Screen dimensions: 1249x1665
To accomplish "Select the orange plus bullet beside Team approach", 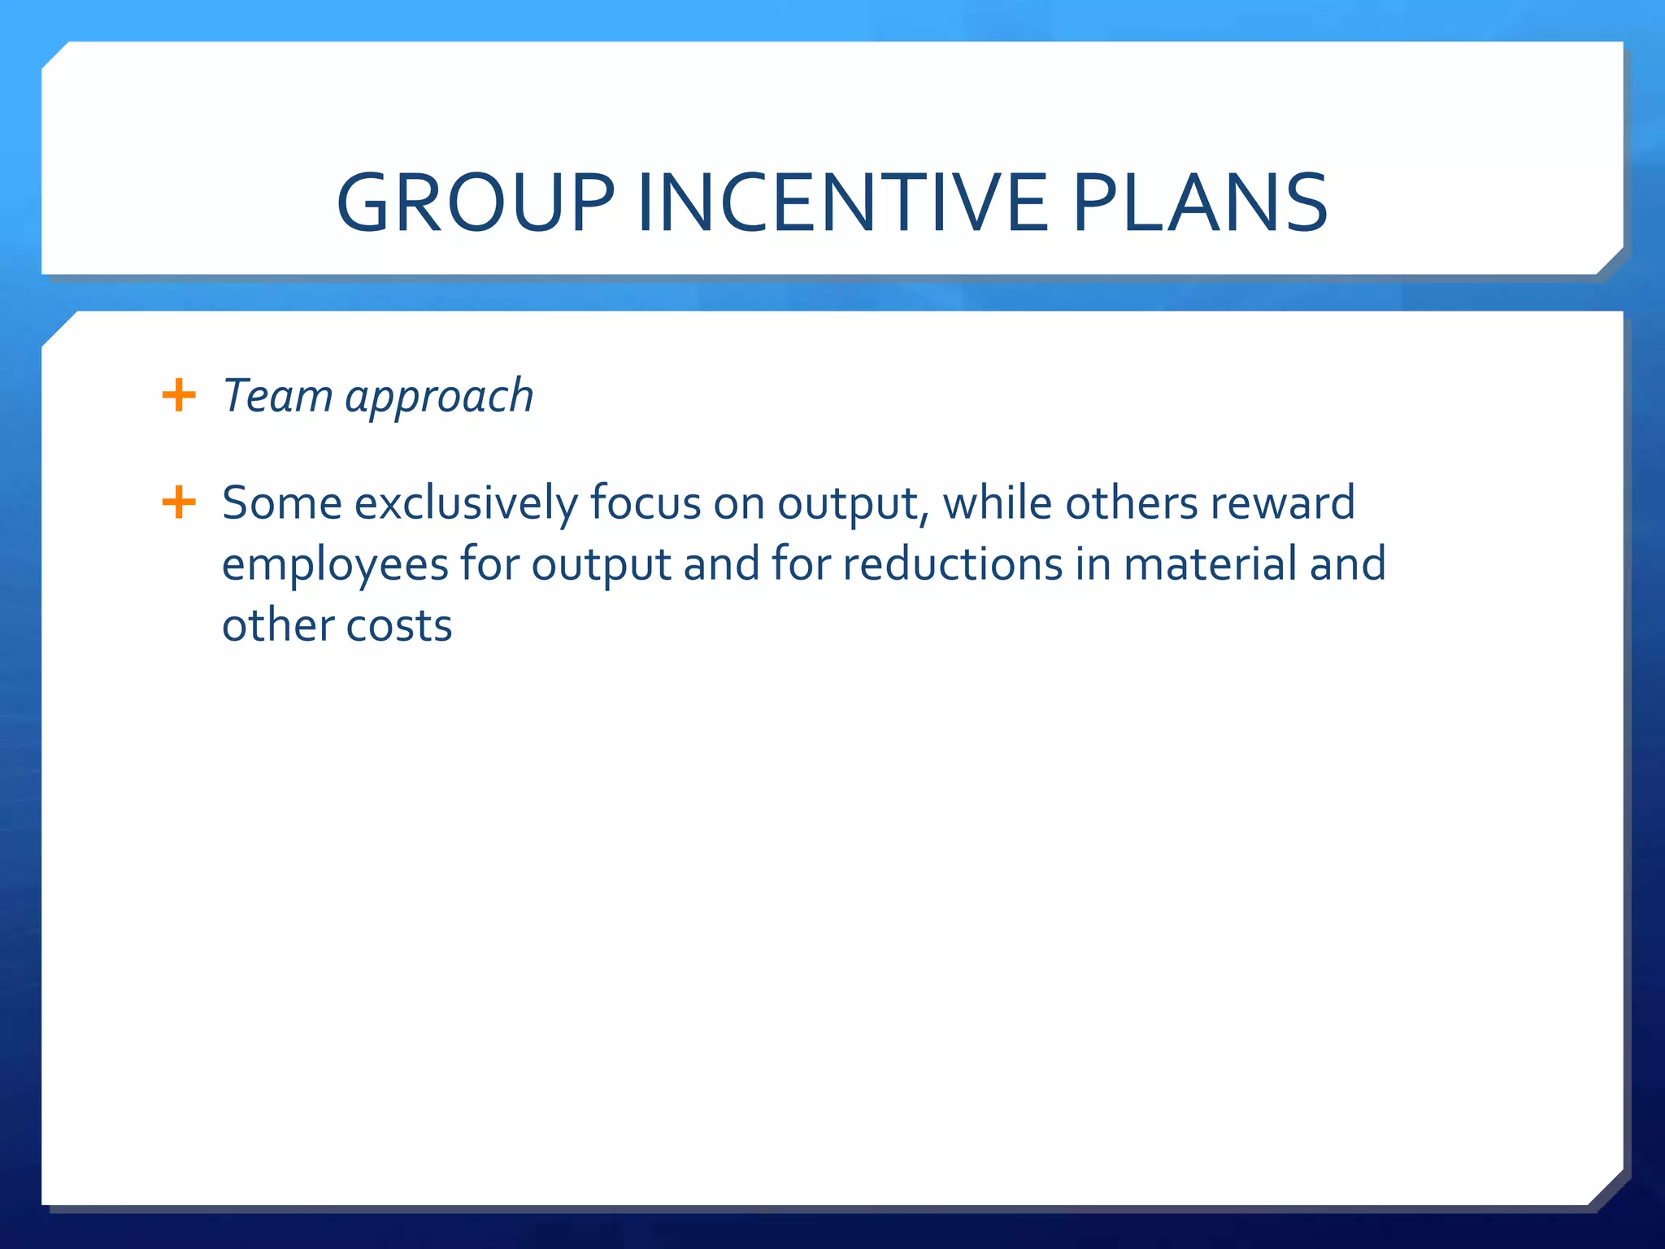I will (179, 396).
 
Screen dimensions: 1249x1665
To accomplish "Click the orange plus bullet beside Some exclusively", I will (179, 502).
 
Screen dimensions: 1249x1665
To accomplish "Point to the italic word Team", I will (277, 396).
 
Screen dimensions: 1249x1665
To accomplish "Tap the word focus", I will (646, 502).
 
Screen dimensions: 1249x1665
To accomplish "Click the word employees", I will (335, 565).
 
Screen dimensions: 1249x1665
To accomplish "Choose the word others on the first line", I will (1131, 502).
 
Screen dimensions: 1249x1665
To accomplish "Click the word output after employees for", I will (602, 565).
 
